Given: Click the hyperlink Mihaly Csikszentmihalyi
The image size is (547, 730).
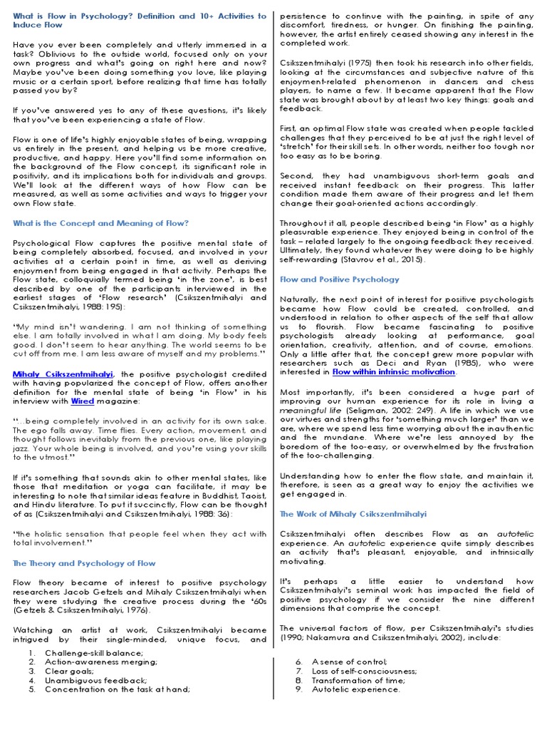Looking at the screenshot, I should tap(63, 373).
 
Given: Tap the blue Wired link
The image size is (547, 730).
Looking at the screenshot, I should tap(83, 401).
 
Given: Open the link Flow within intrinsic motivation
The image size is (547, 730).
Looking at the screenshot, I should tap(394, 371).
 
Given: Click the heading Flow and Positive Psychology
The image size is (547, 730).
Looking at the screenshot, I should tap(340, 279).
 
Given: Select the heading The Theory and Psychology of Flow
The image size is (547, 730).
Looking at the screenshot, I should tap(84, 563).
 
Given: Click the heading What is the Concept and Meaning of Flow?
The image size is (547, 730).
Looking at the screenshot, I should tap(100, 223).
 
